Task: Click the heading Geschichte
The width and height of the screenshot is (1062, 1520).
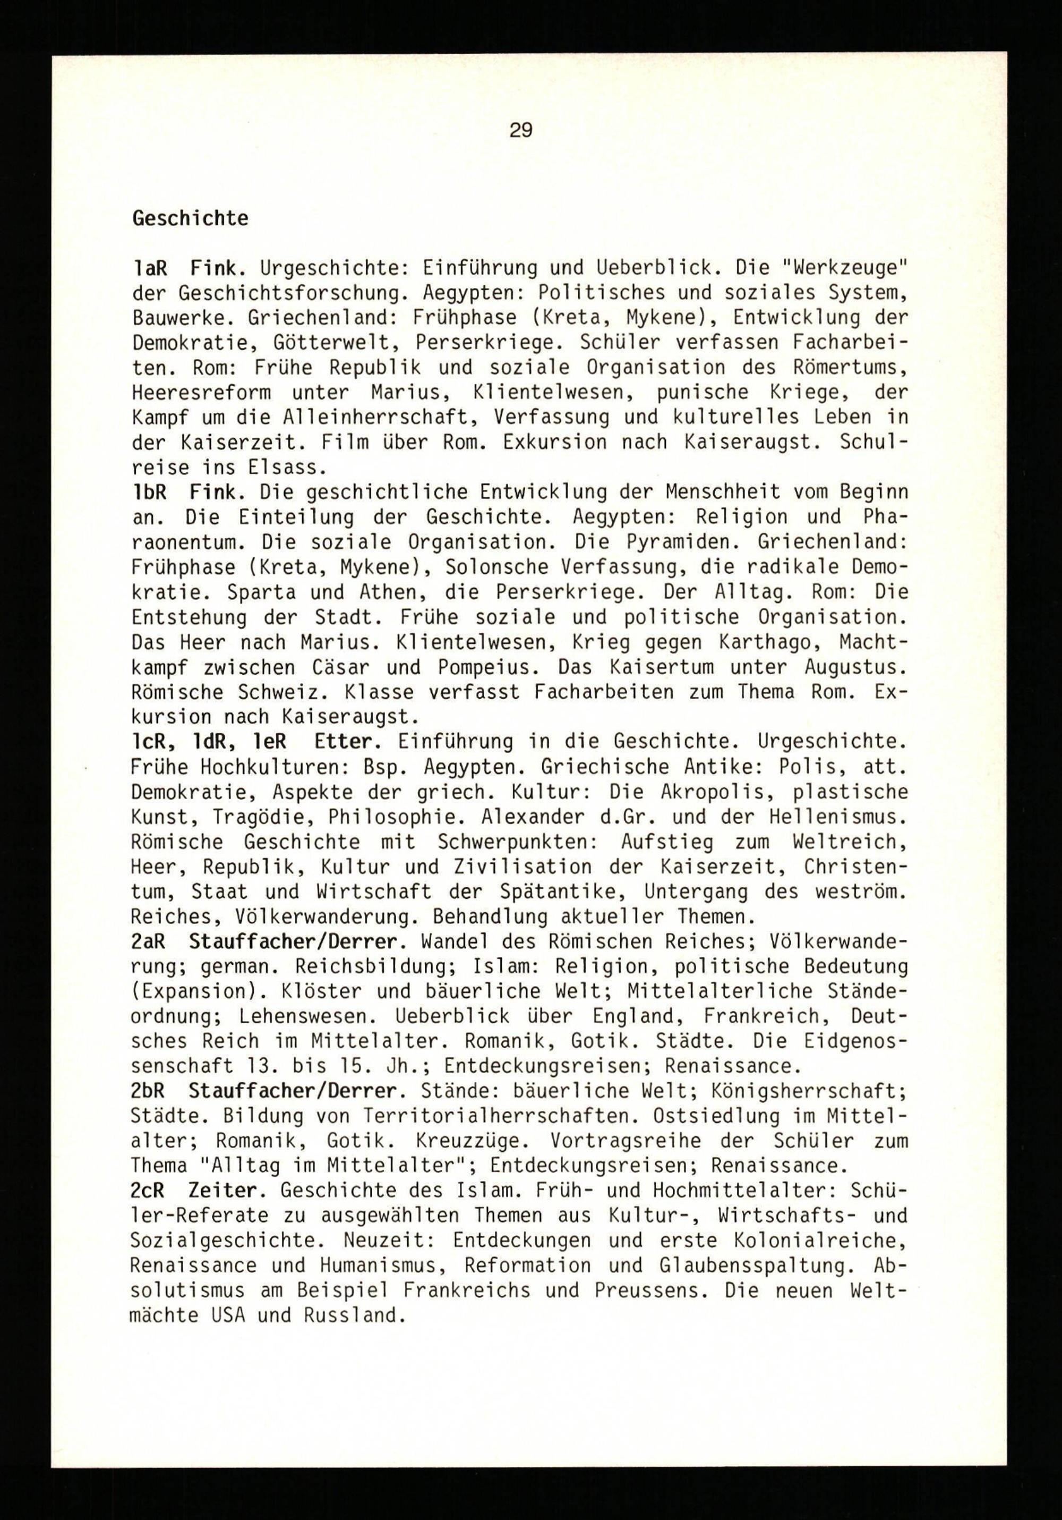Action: click(191, 218)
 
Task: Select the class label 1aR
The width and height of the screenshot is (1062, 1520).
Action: click(150, 268)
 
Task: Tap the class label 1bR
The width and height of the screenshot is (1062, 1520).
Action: click(150, 492)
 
